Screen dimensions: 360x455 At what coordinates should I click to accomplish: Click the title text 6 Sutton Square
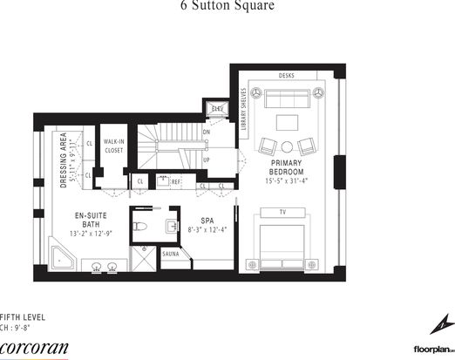[227, 6]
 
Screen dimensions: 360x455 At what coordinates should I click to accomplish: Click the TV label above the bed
[282, 212]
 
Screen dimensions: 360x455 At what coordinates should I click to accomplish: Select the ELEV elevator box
[216, 109]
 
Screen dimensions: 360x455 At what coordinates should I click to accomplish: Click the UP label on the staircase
[206, 160]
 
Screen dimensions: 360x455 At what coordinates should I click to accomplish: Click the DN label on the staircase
[206, 132]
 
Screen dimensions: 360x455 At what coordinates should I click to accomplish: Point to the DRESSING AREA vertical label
[64, 158]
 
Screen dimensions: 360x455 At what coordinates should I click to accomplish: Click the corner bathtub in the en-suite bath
[64, 257]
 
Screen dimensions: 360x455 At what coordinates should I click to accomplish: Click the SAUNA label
[171, 254]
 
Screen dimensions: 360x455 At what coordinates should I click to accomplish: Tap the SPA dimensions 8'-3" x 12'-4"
[207, 229]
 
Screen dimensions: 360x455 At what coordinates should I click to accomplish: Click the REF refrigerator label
[175, 181]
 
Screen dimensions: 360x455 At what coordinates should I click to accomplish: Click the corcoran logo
[34, 346]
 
